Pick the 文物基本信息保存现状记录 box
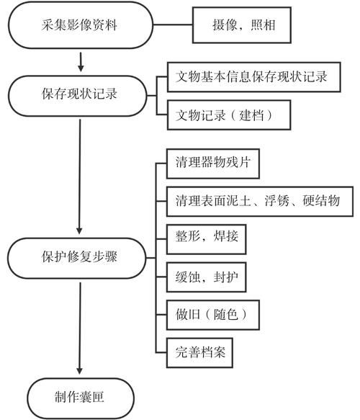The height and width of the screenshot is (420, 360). pos(252,78)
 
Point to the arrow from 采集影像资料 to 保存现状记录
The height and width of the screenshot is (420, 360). pos(81,61)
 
